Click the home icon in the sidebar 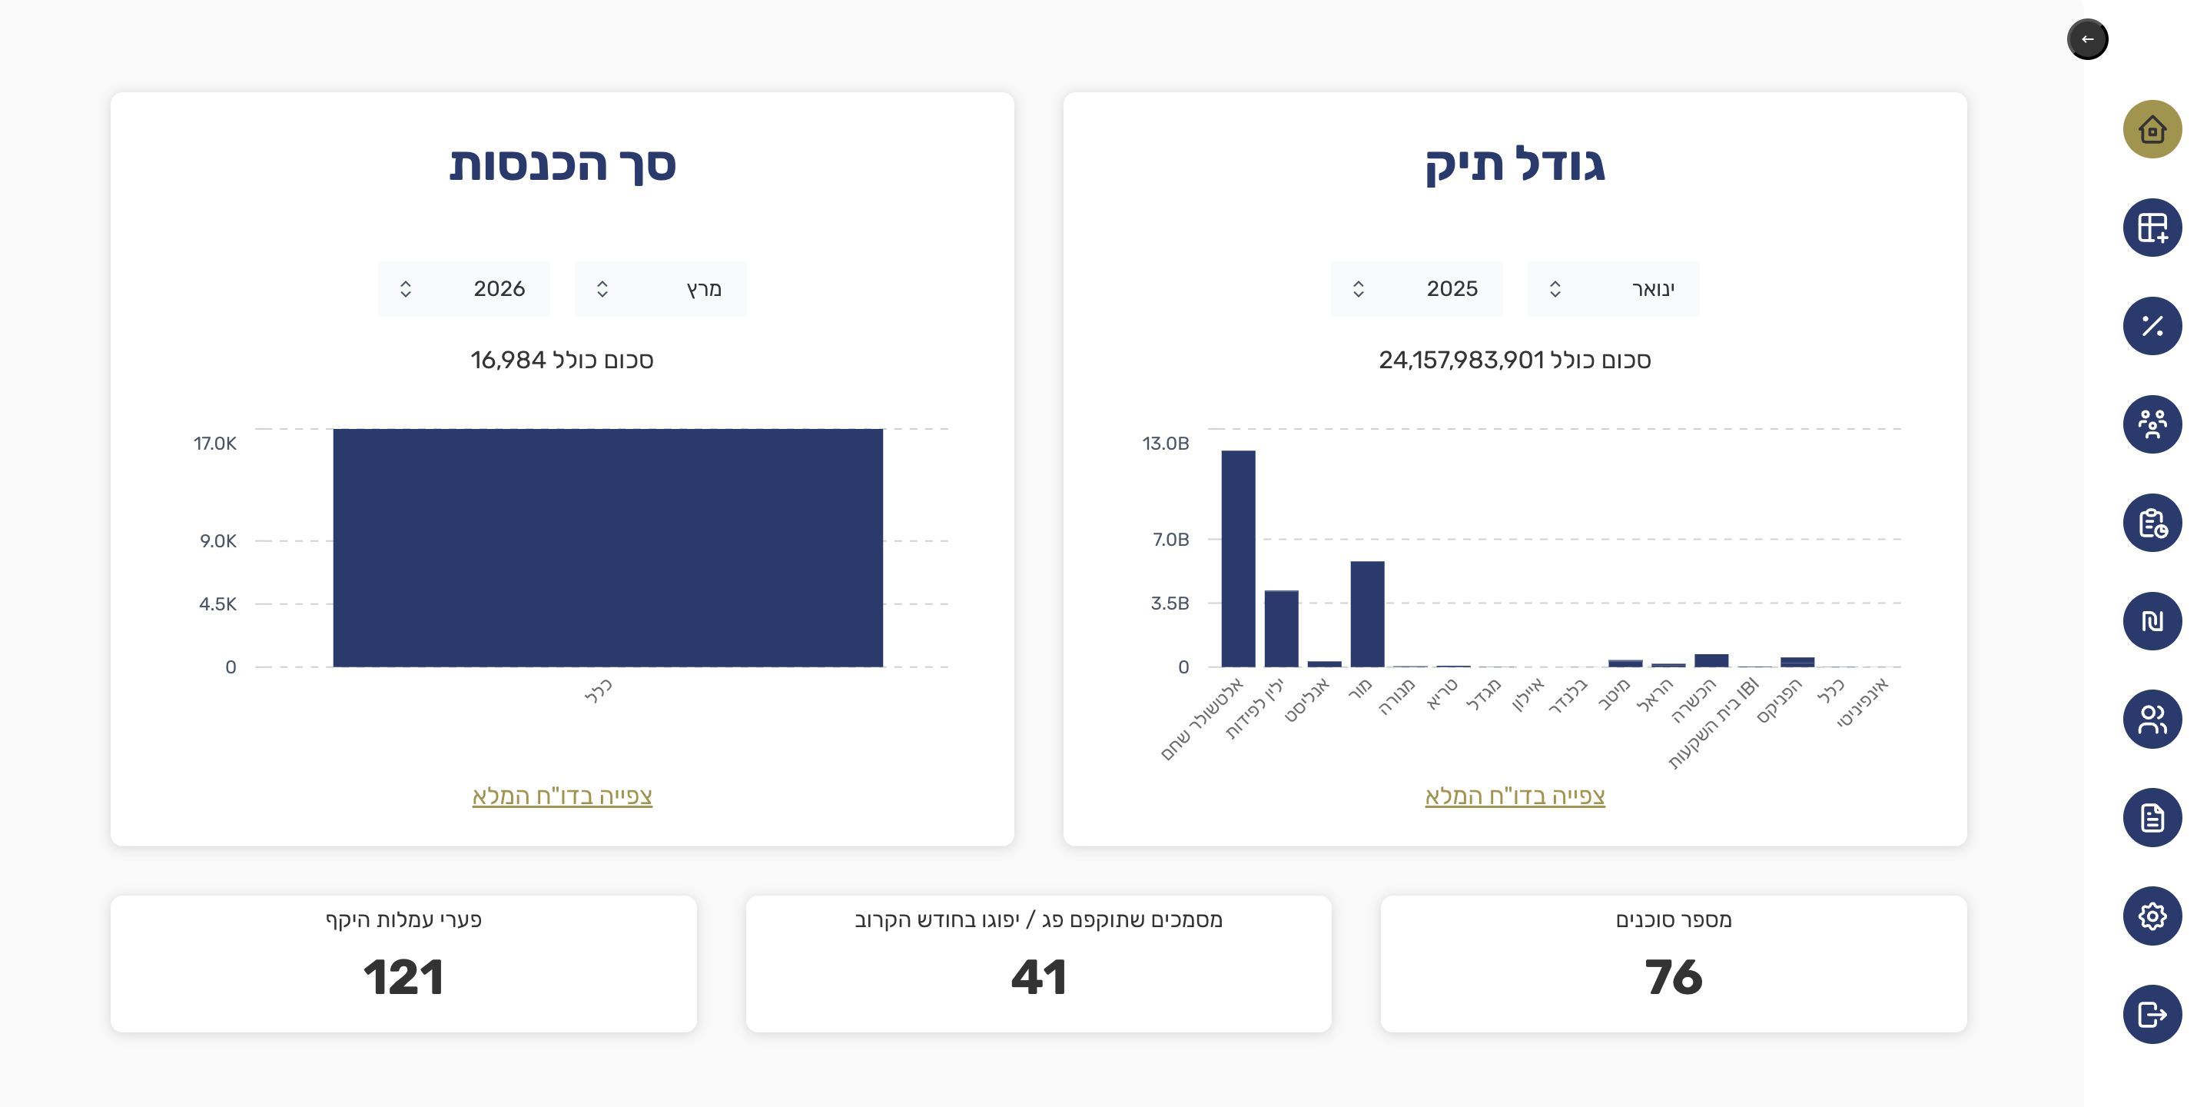pos(2152,129)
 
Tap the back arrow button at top pos(2087,39)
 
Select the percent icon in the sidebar pos(2152,326)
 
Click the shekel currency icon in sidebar pos(2152,620)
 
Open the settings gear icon pos(2152,916)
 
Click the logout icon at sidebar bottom pos(2152,1015)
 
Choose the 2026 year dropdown pos(463,289)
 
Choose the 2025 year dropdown pos(1416,289)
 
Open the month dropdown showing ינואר pos(1612,289)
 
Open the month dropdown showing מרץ pos(659,289)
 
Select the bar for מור pos(1367,613)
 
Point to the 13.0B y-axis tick pos(1165,443)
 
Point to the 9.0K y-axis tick pos(217,540)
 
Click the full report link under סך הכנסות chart pos(562,796)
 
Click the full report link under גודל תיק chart pos(1514,796)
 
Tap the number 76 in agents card pos(1672,977)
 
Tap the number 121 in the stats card pos(403,977)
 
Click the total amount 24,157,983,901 pos(1461,360)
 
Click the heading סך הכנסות pos(562,164)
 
